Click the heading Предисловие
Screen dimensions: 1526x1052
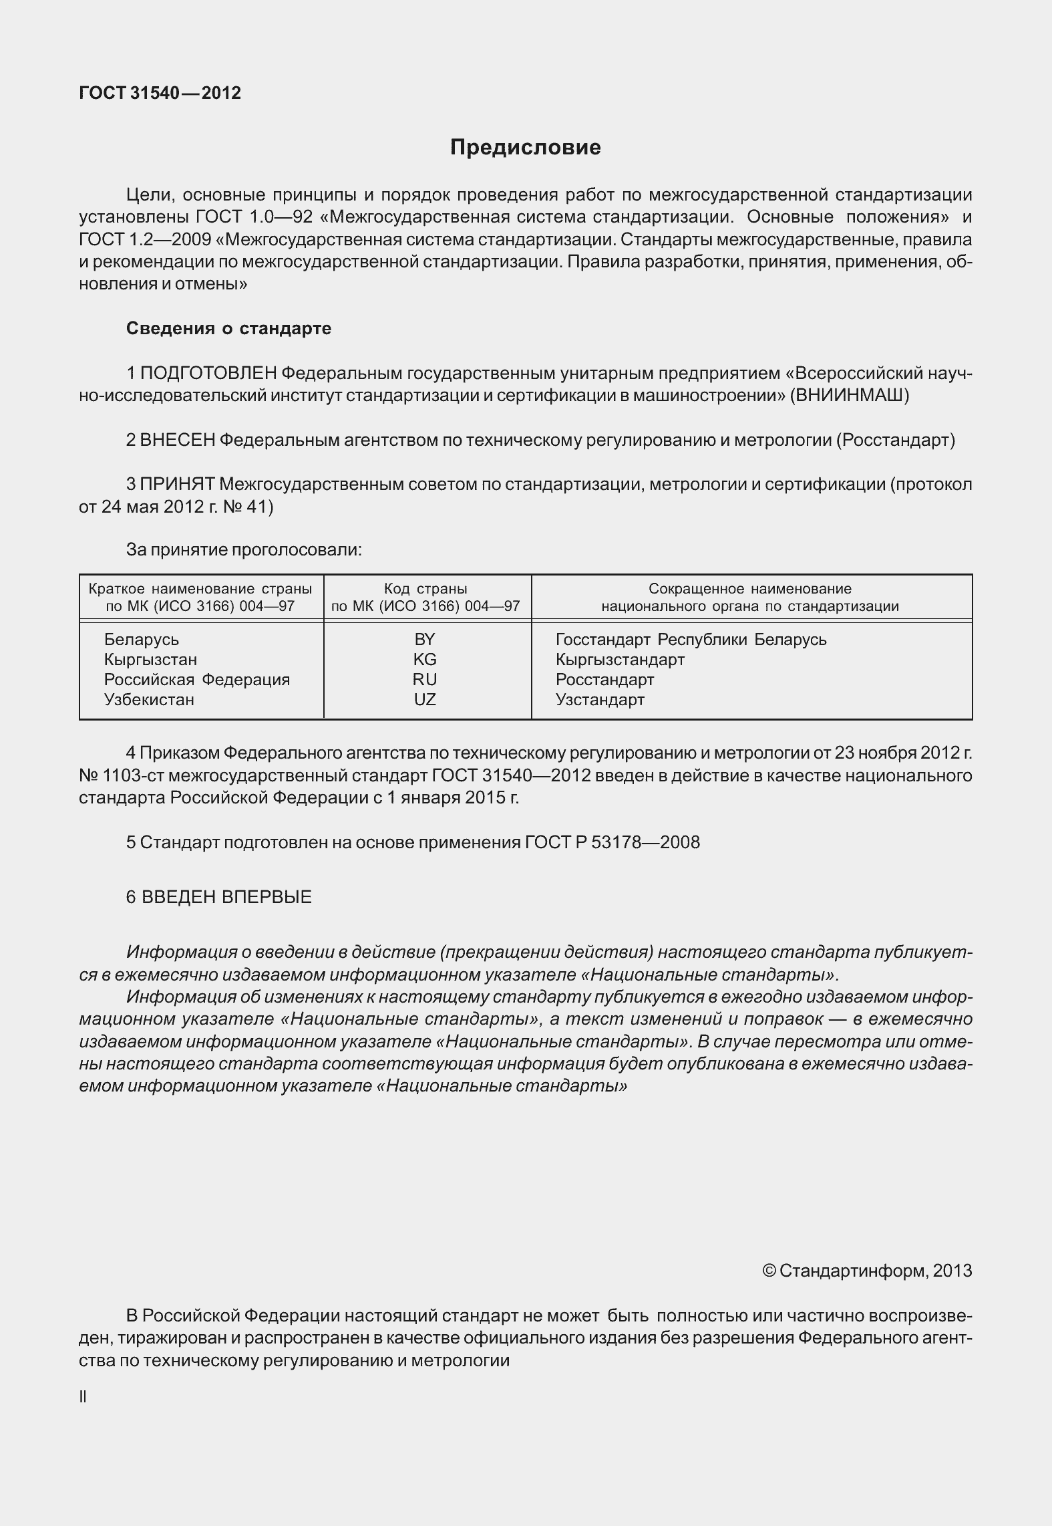click(525, 147)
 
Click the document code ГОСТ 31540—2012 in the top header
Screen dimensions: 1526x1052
click(160, 93)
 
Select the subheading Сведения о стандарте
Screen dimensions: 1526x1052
click(228, 328)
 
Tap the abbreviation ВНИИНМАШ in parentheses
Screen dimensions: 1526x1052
click(848, 395)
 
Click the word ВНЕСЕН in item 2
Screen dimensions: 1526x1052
click(178, 440)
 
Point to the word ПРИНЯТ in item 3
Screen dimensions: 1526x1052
click(178, 484)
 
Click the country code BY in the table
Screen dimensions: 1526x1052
click(425, 640)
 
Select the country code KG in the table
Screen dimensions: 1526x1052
click(425, 660)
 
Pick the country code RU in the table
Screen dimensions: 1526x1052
click(425, 680)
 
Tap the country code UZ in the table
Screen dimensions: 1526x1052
click(425, 700)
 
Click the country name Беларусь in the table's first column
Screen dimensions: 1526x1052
click(142, 640)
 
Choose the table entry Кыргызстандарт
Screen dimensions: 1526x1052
click(620, 660)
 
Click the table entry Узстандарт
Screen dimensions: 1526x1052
click(600, 700)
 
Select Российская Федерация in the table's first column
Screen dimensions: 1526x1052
click(197, 680)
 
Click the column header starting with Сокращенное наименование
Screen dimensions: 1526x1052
click(750, 598)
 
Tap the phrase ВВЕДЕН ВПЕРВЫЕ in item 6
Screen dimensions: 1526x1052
click(226, 897)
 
